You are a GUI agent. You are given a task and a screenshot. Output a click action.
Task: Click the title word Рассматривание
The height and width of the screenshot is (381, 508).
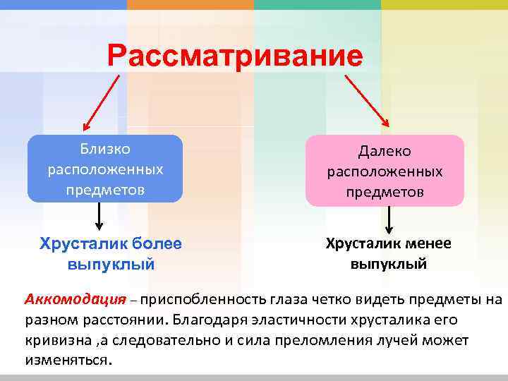235,55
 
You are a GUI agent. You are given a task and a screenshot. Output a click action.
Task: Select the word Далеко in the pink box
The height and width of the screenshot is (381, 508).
385,152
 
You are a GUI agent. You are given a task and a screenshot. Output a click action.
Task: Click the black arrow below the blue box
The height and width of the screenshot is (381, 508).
99,216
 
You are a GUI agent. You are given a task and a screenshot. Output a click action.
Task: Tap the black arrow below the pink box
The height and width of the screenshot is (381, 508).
388,219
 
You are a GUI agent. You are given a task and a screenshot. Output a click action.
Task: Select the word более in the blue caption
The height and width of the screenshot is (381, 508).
156,243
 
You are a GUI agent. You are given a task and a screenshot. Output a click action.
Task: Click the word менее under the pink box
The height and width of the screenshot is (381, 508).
426,243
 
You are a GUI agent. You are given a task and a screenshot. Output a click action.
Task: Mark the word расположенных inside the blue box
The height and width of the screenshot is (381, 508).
105,169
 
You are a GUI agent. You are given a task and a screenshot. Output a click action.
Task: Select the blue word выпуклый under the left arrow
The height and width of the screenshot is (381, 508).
111,265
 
